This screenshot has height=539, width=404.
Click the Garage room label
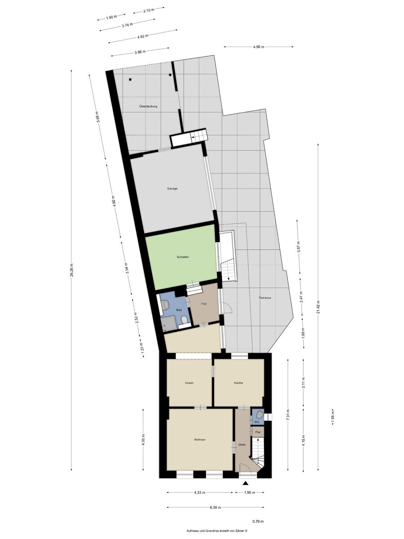[x=172, y=189]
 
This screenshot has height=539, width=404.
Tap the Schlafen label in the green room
[x=183, y=257]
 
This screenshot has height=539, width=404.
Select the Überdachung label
[x=148, y=106]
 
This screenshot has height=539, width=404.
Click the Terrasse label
[x=265, y=298]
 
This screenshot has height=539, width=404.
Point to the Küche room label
[x=238, y=383]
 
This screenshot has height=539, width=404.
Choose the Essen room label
[x=189, y=383]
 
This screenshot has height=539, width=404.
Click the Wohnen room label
[x=199, y=440]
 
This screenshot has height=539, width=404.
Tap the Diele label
[x=242, y=445]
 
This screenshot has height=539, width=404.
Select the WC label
[x=257, y=422]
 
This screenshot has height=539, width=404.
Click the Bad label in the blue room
[x=179, y=310]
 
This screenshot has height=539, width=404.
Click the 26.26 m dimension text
[x=71, y=270]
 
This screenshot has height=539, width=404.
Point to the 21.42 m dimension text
[x=318, y=307]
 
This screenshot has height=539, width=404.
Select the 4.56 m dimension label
[x=259, y=47]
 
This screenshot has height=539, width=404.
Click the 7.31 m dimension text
[x=288, y=415]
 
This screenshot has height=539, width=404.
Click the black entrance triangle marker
[x=246, y=483]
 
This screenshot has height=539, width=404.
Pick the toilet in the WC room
[x=259, y=415]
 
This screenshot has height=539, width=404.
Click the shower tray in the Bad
[x=168, y=323]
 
